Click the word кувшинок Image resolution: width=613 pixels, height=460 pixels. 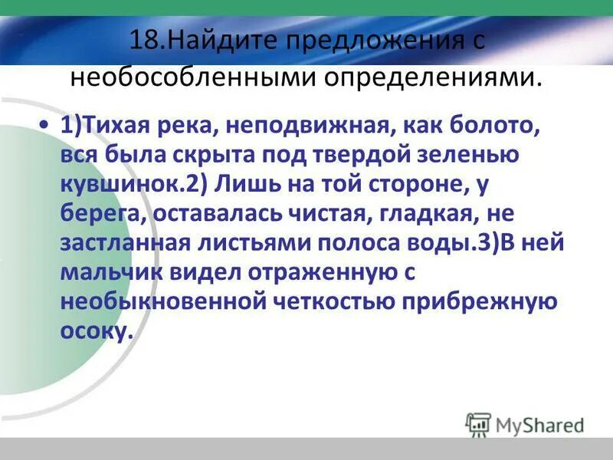coord(119,184)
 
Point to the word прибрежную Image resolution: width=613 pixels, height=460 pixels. coord(476,301)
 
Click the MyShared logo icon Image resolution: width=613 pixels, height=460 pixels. coord(478,424)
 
